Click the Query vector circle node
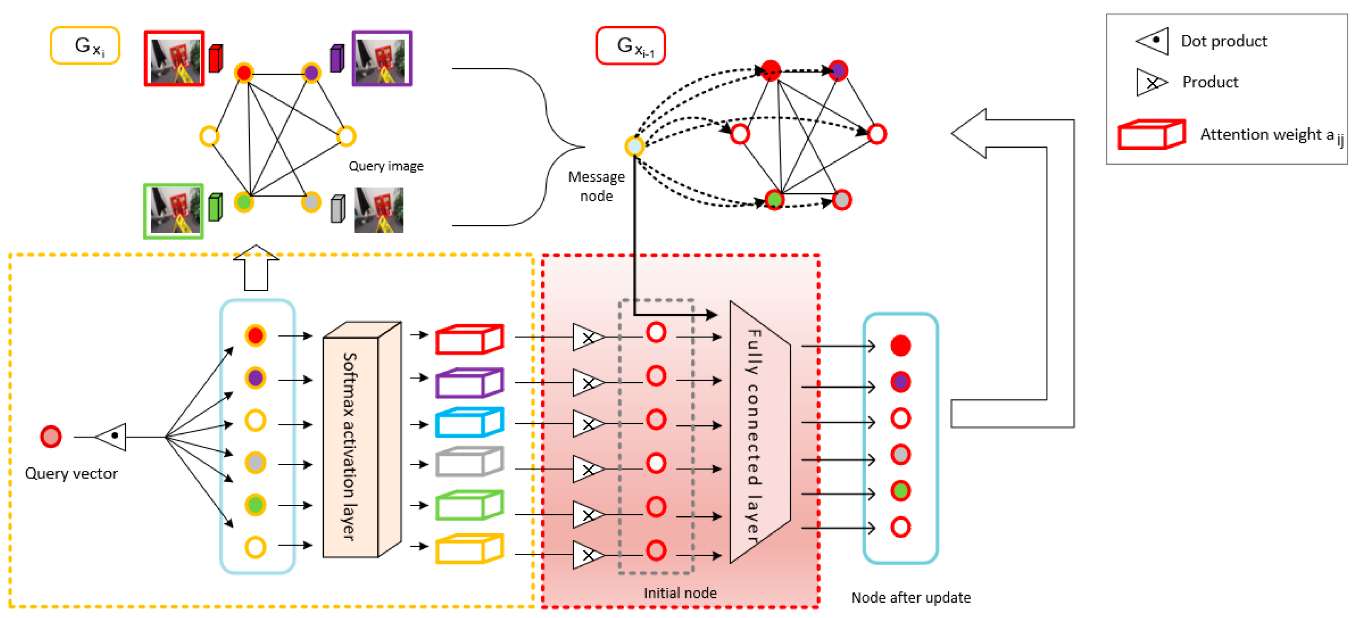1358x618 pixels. pyautogui.click(x=51, y=437)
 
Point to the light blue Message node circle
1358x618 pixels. pyautogui.click(x=634, y=146)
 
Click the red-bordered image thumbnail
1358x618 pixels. pyautogui.click(x=174, y=59)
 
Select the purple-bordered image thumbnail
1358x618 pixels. pyautogui.click(x=382, y=59)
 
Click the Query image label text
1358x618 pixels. pyautogui.click(x=386, y=166)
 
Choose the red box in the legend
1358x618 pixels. pyautogui.click(x=1150, y=135)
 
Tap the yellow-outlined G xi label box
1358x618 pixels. pyautogui.click(x=86, y=46)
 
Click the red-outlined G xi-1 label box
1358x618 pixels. pyautogui.click(x=630, y=46)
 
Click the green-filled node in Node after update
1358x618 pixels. pyautogui.click(x=900, y=491)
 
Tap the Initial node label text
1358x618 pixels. pyautogui.click(x=680, y=593)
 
